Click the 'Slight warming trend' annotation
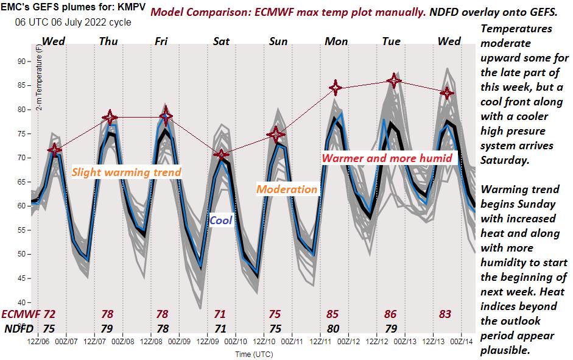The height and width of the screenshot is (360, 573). point(127,172)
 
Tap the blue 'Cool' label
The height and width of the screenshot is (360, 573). point(221,220)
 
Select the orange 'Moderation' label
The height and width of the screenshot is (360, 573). point(287,189)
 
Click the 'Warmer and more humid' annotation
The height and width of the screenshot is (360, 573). point(387,158)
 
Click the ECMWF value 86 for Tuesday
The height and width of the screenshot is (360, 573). point(391,314)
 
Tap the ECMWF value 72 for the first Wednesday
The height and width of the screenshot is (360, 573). point(49,314)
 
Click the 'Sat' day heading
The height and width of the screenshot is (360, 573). point(221,41)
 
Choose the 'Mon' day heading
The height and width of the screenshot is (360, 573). point(336,41)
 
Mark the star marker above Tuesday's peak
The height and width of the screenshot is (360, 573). point(395,80)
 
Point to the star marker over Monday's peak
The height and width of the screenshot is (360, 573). point(335,87)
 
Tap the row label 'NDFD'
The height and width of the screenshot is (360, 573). point(18,329)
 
